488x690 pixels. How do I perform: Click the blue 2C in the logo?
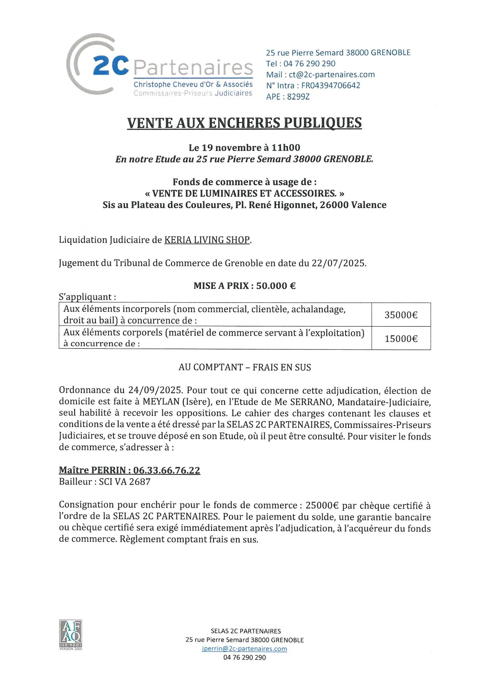[x=111, y=65]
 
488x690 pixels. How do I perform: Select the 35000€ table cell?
[x=401, y=315]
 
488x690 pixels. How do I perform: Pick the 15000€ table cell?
[x=401, y=339]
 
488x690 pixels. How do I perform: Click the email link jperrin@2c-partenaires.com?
[x=244, y=648]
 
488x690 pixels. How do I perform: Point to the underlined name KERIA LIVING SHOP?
[x=207, y=240]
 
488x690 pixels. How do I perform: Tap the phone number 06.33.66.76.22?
[x=167, y=470]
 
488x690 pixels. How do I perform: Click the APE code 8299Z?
[x=298, y=96]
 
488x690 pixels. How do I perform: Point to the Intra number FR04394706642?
[x=330, y=86]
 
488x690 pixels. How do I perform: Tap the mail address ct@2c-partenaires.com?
[x=332, y=74]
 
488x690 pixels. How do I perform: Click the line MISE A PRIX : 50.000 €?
[x=244, y=286]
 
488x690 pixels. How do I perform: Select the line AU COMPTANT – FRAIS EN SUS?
[x=244, y=367]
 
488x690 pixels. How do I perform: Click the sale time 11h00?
[x=286, y=148]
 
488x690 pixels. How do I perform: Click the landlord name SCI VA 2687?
[x=125, y=482]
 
